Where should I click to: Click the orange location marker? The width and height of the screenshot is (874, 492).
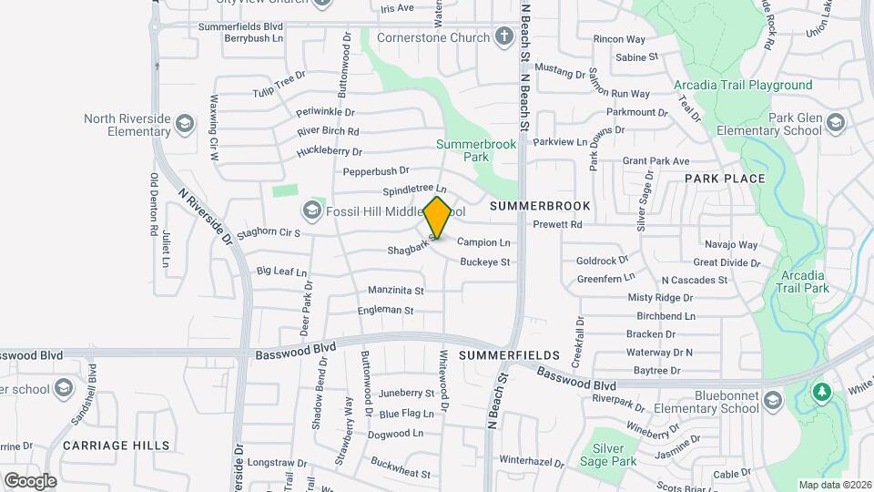(x=438, y=218)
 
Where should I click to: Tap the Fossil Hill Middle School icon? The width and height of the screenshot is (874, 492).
(x=312, y=211)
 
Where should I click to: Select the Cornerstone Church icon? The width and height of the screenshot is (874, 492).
(x=505, y=38)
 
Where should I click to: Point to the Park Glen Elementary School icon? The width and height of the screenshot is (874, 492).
(x=835, y=121)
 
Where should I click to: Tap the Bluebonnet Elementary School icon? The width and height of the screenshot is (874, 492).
(x=772, y=402)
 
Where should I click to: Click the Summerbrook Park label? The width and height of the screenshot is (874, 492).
(x=475, y=150)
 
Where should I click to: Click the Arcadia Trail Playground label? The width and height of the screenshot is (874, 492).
(x=743, y=85)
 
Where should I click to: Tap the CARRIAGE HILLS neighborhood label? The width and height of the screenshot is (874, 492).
(x=117, y=445)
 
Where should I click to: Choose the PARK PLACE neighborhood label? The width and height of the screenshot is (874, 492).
(x=725, y=178)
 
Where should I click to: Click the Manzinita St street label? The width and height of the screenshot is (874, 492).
(x=396, y=291)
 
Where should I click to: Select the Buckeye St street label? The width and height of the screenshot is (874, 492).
(x=485, y=261)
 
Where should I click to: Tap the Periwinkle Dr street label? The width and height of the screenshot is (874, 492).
(x=325, y=112)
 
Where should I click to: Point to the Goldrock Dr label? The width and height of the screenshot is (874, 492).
(x=602, y=261)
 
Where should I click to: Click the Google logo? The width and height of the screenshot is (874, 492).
(x=30, y=480)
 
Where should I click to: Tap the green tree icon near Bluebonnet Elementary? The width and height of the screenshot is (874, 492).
(x=821, y=392)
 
